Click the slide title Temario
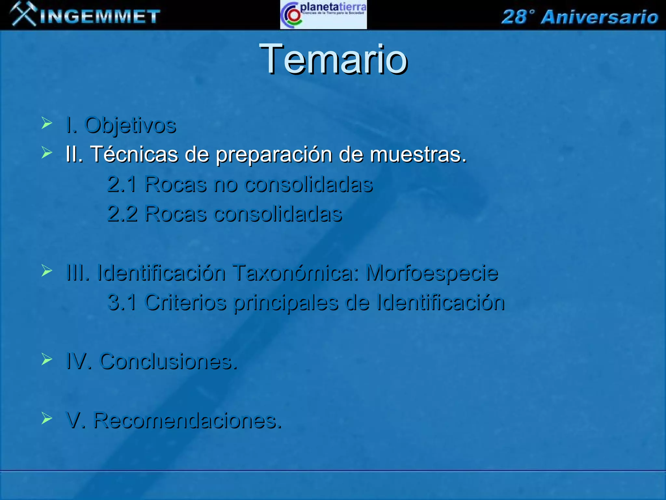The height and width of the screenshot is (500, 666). pos(333,60)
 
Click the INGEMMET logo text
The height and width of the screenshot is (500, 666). pos(100,17)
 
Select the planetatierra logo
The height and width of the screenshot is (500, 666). pos(323,15)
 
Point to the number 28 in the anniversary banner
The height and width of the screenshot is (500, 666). pos(513,17)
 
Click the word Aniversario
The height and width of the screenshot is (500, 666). pos(599,17)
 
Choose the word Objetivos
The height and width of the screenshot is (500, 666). pos(130,125)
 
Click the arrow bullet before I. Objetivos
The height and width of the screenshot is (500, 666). pos(47,123)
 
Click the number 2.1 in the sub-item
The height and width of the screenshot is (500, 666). pos(122,184)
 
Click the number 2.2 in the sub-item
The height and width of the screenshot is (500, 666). pos(122,214)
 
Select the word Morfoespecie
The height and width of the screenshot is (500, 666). pos(432,273)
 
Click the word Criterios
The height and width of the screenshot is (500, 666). pos(185,302)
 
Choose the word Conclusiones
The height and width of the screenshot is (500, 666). pos(168,361)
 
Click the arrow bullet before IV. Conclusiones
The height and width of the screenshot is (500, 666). pos(47,359)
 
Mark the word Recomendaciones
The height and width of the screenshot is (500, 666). pos(187,420)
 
